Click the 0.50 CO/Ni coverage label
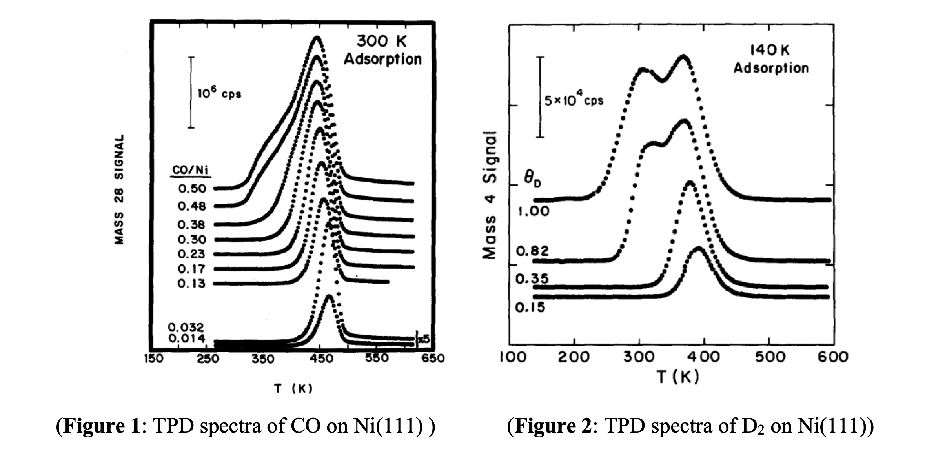pos(192,189)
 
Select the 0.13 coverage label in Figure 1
pos(191,283)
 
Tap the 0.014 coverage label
pos(187,339)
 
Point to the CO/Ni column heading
pos(191,171)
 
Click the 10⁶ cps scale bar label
pos(220,94)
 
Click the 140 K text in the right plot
pos(770,50)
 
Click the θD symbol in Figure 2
pos(533,180)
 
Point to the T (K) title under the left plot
pos(293,389)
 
